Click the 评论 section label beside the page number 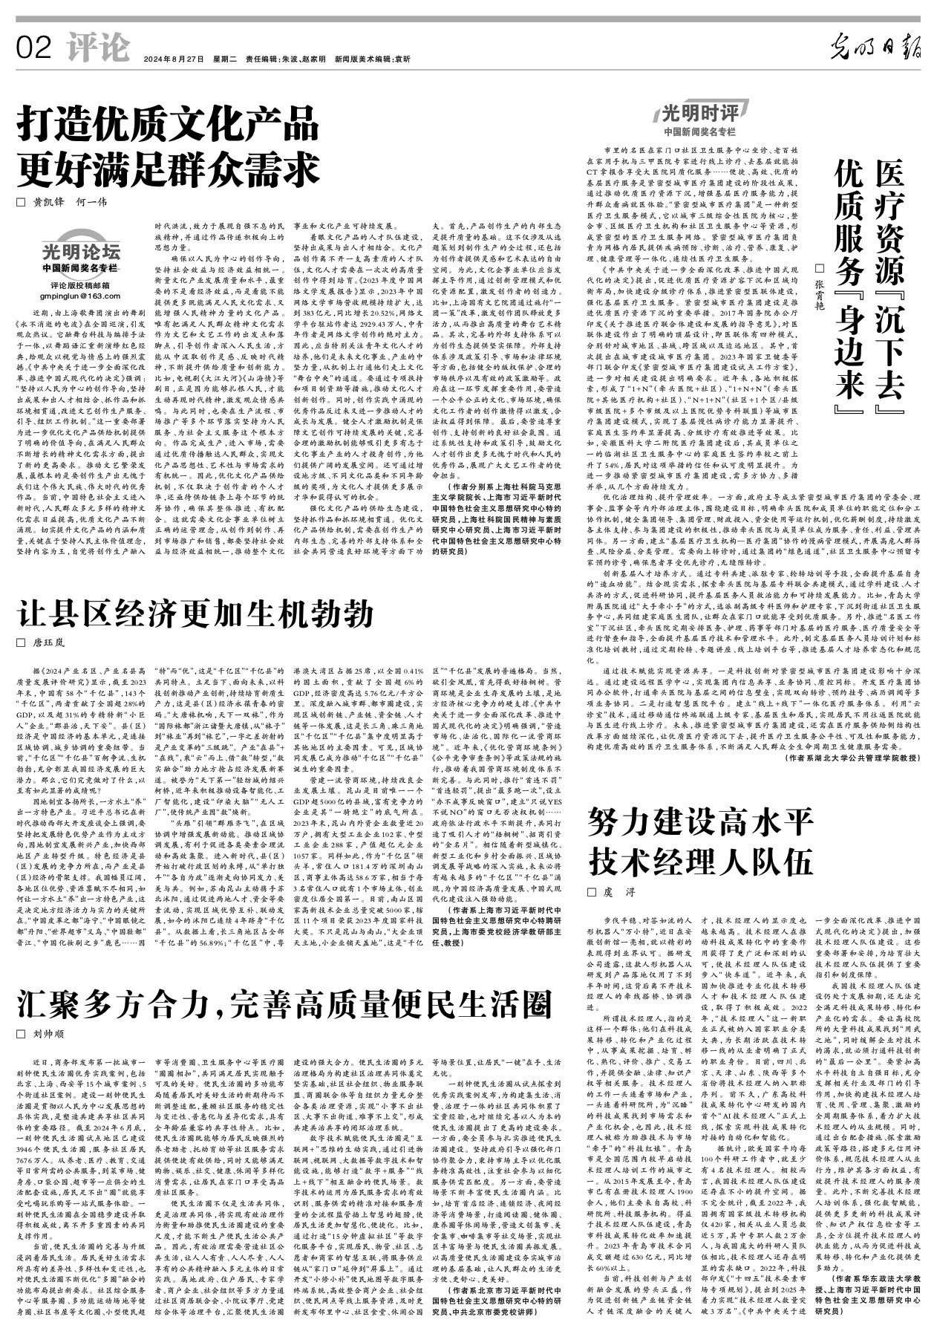(x=97, y=48)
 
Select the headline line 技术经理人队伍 (x=698, y=863)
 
